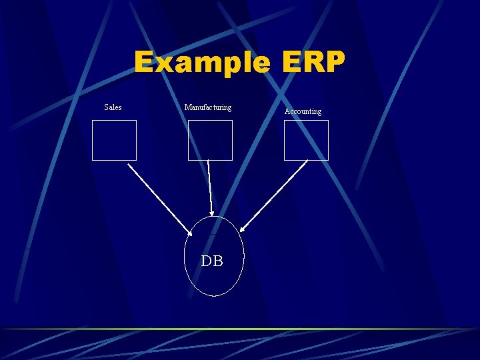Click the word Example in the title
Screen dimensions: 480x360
point(202,63)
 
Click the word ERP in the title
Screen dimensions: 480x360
point(313,63)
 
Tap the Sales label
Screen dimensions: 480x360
point(113,107)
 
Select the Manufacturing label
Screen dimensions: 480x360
point(208,107)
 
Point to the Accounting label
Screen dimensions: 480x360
point(303,111)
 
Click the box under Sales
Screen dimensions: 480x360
point(114,140)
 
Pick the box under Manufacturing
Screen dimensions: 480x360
point(210,140)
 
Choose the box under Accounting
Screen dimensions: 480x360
point(306,140)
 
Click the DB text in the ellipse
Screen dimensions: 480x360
point(212,261)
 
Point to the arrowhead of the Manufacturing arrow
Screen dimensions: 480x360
point(212,212)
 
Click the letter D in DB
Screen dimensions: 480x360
point(207,261)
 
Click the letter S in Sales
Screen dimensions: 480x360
point(107,107)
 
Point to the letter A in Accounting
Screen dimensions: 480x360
point(287,111)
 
